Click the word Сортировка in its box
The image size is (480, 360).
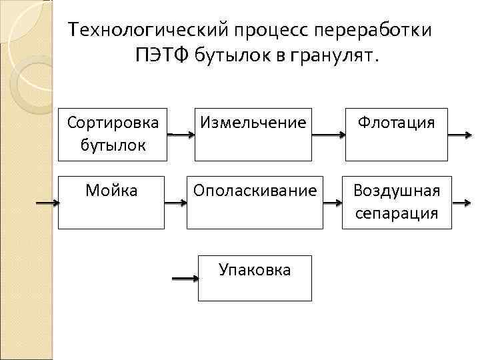(113, 123)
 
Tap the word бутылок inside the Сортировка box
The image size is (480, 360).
(112, 144)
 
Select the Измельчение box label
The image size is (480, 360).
(253, 123)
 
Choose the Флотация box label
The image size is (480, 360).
(396, 123)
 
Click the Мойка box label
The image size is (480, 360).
(112, 191)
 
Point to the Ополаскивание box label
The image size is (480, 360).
(255, 191)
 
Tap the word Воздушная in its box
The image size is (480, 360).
(397, 191)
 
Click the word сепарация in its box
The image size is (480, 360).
(397, 213)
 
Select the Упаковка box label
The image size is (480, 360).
(255, 270)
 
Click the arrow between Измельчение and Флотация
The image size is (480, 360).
(329, 135)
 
